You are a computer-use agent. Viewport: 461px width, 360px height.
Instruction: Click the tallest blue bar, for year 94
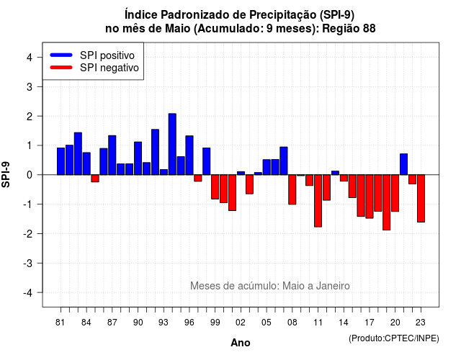(172, 144)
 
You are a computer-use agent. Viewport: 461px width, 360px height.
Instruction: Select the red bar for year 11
(318, 201)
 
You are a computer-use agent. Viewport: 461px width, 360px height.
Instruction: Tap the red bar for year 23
(421, 199)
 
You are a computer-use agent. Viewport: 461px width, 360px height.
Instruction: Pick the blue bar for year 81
(61, 161)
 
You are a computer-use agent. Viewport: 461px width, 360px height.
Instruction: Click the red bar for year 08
(292, 189)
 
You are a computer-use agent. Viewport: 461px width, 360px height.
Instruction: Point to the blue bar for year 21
(403, 164)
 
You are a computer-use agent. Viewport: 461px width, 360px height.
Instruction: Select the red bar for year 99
(215, 187)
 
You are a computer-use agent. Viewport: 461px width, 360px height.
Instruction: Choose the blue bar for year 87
(112, 156)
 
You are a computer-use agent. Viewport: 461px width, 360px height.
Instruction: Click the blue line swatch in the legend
(61, 55)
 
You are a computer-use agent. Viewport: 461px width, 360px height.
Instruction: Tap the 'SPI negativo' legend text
(109, 68)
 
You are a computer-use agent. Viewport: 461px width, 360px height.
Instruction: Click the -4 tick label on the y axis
(29, 292)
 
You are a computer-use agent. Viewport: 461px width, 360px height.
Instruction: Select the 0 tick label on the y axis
(30, 175)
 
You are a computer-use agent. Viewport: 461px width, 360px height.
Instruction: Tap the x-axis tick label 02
(241, 323)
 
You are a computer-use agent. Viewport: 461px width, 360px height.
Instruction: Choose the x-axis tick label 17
(370, 323)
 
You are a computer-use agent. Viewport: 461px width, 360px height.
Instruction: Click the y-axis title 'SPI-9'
(6, 174)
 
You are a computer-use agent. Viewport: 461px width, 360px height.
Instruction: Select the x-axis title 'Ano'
(241, 343)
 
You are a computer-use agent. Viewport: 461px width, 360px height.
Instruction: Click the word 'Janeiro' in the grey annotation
(333, 286)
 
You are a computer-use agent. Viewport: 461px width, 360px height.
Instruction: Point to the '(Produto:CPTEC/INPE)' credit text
(394, 338)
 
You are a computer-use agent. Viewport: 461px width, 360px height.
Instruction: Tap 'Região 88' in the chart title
(349, 29)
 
